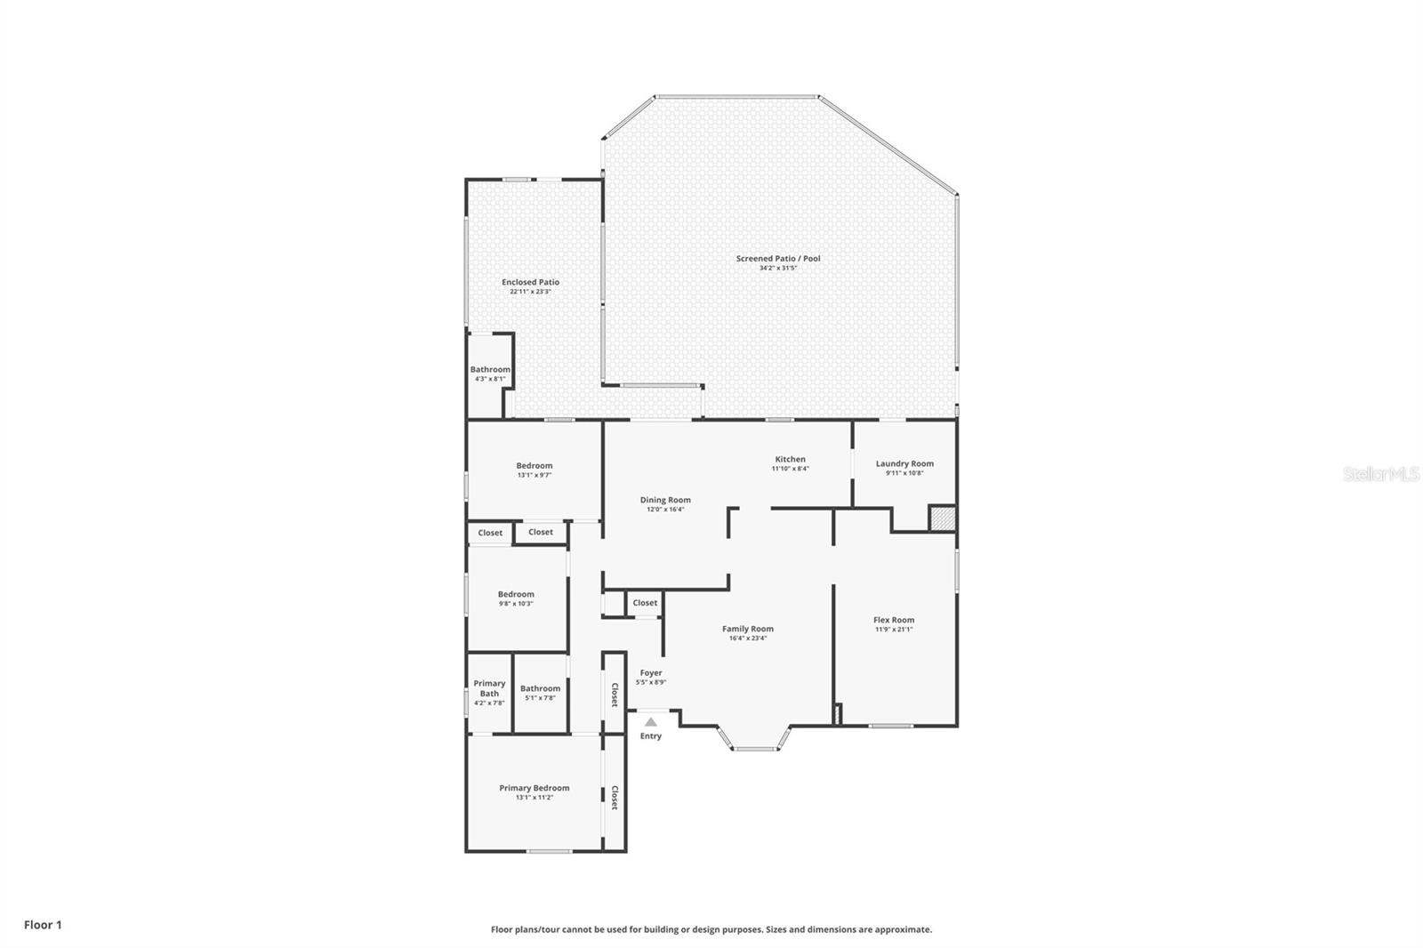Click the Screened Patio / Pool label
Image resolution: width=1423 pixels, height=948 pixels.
[x=777, y=259]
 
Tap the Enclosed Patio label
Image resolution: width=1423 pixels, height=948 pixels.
[x=530, y=282]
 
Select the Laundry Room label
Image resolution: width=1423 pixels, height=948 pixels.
[x=904, y=463]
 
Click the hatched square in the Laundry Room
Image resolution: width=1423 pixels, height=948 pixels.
[x=942, y=518]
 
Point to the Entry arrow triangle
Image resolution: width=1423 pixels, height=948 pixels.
[x=651, y=722]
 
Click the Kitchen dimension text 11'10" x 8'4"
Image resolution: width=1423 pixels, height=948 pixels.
[x=790, y=469]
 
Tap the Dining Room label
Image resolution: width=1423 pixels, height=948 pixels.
[x=665, y=500]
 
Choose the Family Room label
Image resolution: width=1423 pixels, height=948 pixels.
[x=747, y=629]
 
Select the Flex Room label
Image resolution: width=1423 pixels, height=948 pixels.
[x=893, y=620]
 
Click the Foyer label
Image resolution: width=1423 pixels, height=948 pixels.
[x=651, y=673]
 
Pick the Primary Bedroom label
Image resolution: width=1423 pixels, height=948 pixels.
[x=534, y=788]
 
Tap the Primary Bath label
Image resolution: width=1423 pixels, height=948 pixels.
[x=489, y=688]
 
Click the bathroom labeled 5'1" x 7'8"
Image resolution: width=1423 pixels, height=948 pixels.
[x=540, y=688]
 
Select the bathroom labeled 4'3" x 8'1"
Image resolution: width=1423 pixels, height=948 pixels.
[x=490, y=369]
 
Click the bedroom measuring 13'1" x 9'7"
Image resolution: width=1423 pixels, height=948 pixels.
[x=534, y=466]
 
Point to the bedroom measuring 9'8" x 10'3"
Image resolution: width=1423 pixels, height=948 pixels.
[x=516, y=594]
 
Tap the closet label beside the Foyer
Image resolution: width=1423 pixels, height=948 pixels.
[x=614, y=695]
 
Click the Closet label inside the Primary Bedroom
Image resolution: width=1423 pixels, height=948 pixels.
[x=614, y=798]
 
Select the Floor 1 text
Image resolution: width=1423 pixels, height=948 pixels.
[x=43, y=925]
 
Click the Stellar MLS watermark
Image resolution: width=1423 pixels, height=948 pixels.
[x=1380, y=474]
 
